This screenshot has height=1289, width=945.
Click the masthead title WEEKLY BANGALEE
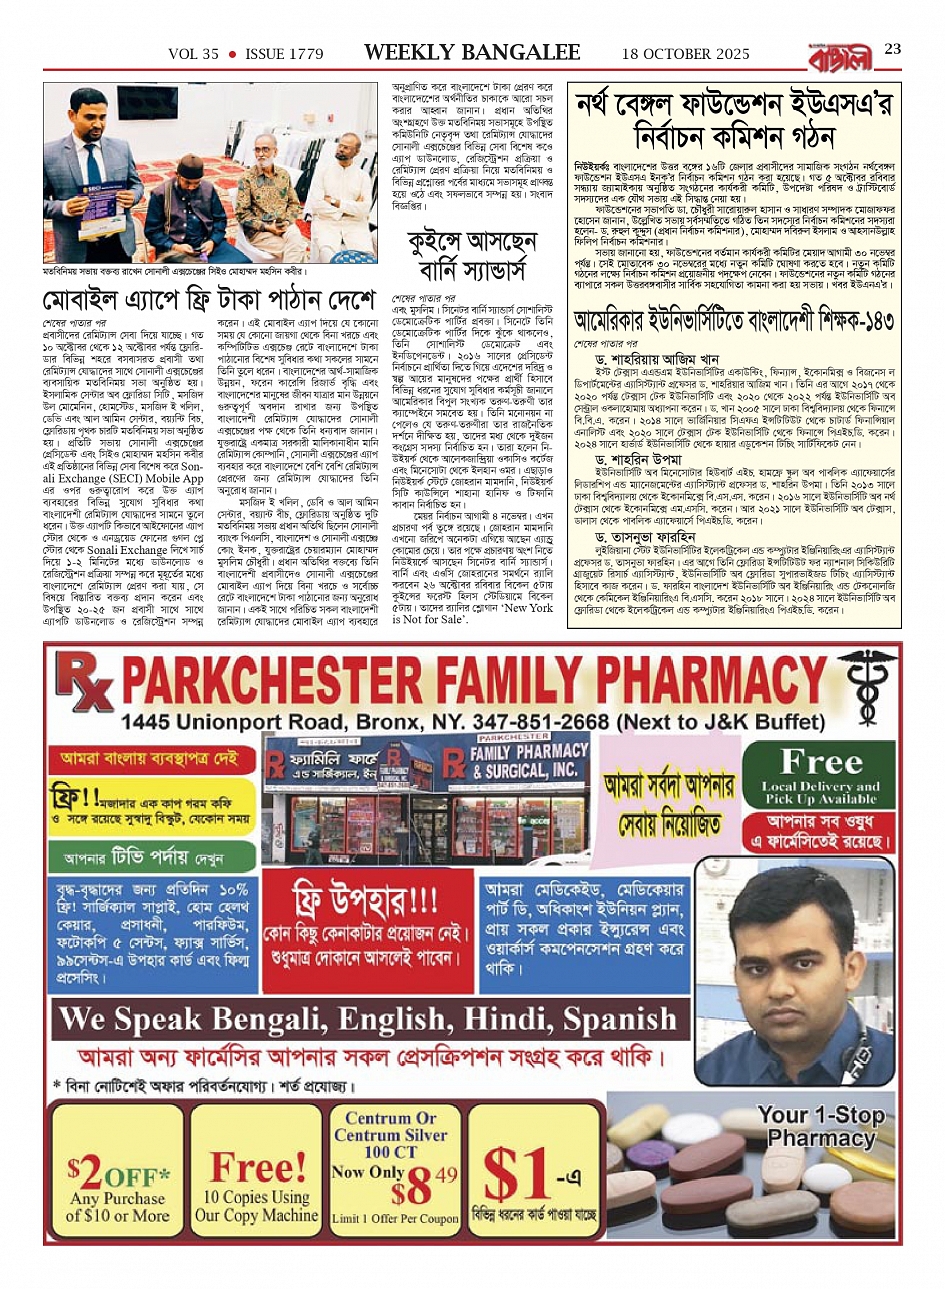[472, 52]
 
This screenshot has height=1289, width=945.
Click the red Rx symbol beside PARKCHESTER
[88, 685]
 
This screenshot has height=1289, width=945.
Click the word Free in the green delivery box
[821, 762]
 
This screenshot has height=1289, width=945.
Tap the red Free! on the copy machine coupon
[257, 1167]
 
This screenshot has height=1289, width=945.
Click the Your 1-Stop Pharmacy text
[820, 1126]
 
